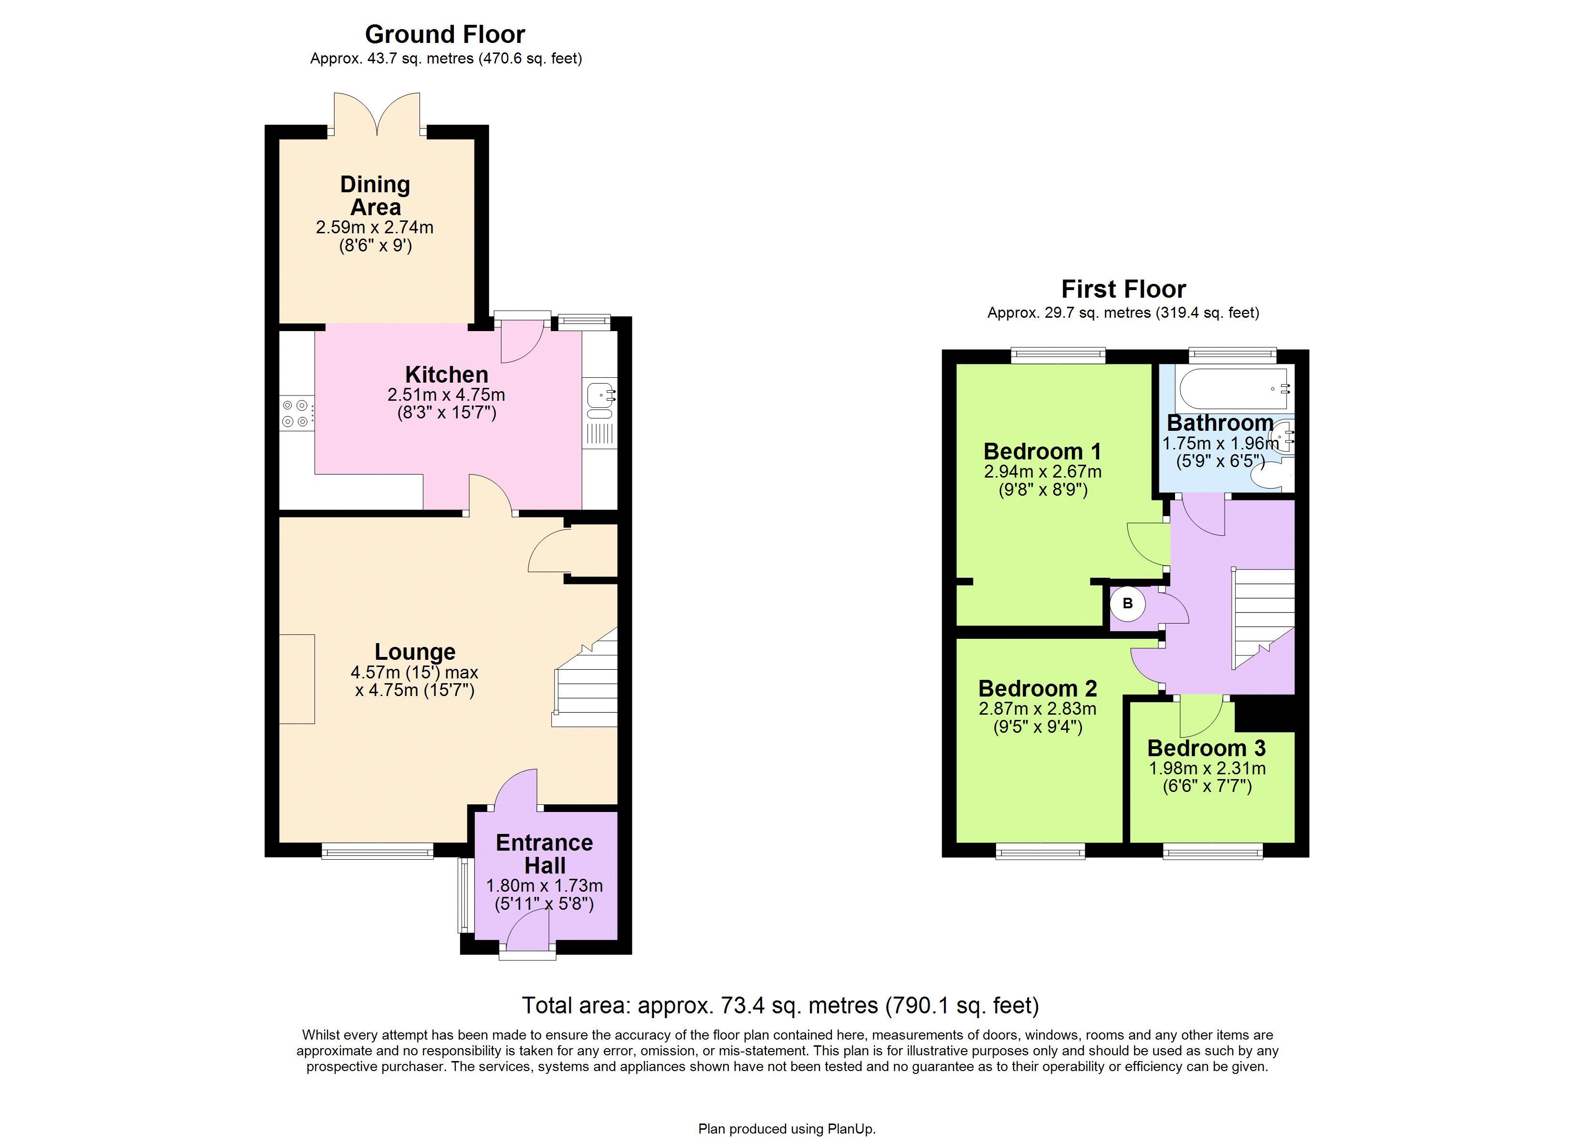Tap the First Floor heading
(x=1123, y=289)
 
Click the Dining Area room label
(x=375, y=196)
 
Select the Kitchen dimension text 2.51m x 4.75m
(x=446, y=395)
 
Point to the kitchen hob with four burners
(x=296, y=413)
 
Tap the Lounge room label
(x=415, y=651)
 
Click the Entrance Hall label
(x=545, y=854)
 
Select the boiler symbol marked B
(x=1127, y=604)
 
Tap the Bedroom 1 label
(x=1042, y=451)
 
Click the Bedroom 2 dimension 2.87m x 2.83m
(x=1038, y=709)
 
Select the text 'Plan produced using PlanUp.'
(x=787, y=1130)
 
